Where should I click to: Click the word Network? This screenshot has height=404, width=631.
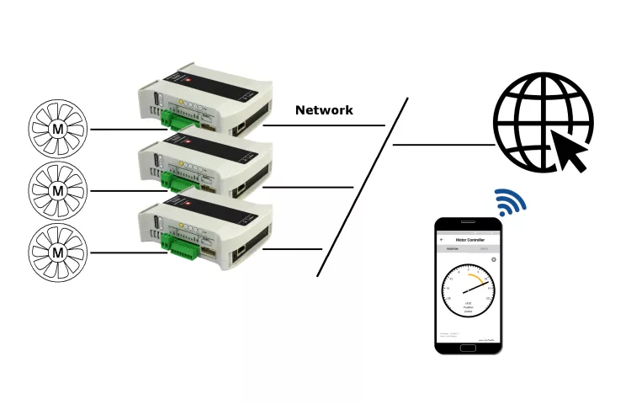(324, 110)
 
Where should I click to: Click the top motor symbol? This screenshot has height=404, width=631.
(58, 129)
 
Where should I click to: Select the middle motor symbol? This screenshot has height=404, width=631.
(58, 191)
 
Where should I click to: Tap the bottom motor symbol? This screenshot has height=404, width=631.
(58, 252)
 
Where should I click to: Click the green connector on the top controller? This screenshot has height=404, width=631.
(178, 117)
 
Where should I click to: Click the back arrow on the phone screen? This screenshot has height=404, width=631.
(443, 240)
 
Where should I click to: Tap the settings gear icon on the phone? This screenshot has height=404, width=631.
(494, 260)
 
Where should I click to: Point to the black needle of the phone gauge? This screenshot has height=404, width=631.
(475, 288)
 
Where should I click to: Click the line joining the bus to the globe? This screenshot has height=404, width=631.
(443, 145)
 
